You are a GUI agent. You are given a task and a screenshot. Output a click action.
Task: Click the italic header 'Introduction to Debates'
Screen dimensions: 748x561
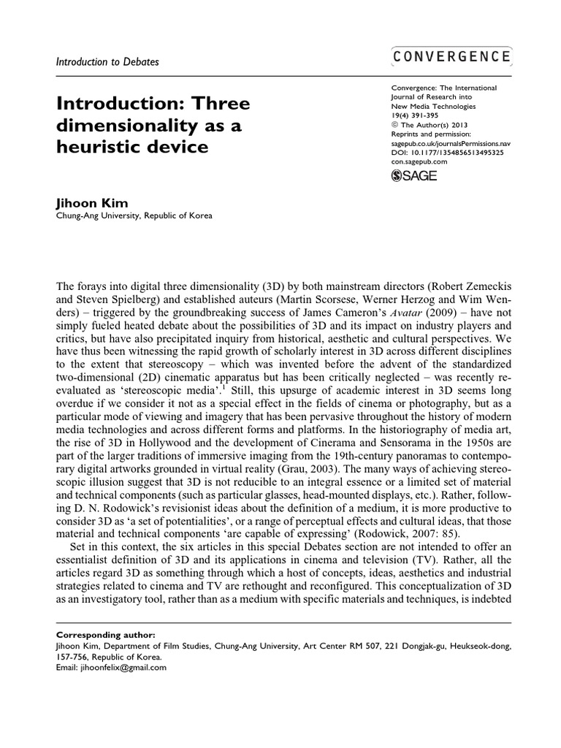(x=107, y=62)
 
